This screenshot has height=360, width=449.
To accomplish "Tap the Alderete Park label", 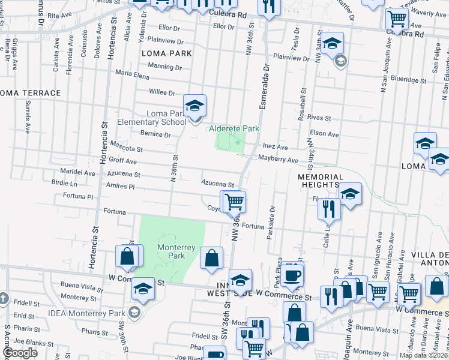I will coord(234,128).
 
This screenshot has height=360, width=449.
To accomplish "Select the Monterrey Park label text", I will coord(171,251).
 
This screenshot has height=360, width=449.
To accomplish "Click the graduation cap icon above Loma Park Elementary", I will coord(194,106).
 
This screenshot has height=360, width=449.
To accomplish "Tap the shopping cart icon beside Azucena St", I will coord(234,202).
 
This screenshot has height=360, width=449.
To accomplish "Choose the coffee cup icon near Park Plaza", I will coord(292,274).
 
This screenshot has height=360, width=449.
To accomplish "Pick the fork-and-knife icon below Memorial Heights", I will coord(330,209).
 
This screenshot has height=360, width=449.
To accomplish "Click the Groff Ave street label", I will coord(122,161).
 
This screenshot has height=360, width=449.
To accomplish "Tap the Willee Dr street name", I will coord(162,93).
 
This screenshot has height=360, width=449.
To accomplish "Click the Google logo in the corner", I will coord(20,353).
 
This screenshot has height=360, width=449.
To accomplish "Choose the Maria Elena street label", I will coord(132,76).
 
